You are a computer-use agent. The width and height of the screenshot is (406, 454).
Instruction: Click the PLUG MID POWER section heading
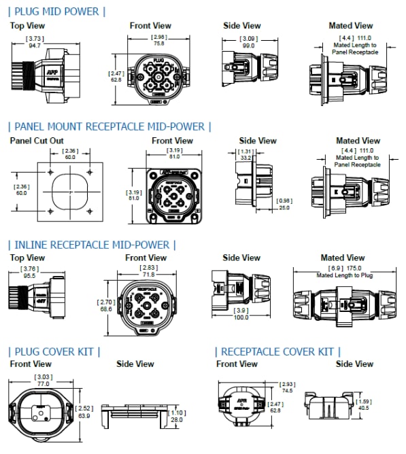point(57,11)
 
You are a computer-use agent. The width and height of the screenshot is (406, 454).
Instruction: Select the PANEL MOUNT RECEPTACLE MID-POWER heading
point(109,126)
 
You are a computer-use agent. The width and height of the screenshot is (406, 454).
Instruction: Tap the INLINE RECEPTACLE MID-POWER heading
point(92,244)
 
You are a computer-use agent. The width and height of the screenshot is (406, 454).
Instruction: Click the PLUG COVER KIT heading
point(54,351)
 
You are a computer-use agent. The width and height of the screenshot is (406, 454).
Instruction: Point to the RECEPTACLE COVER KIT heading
point(278,351)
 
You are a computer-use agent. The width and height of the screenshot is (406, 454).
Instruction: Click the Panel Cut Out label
point(37,141)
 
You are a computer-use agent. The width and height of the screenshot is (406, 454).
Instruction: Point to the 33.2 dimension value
point(246,158)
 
